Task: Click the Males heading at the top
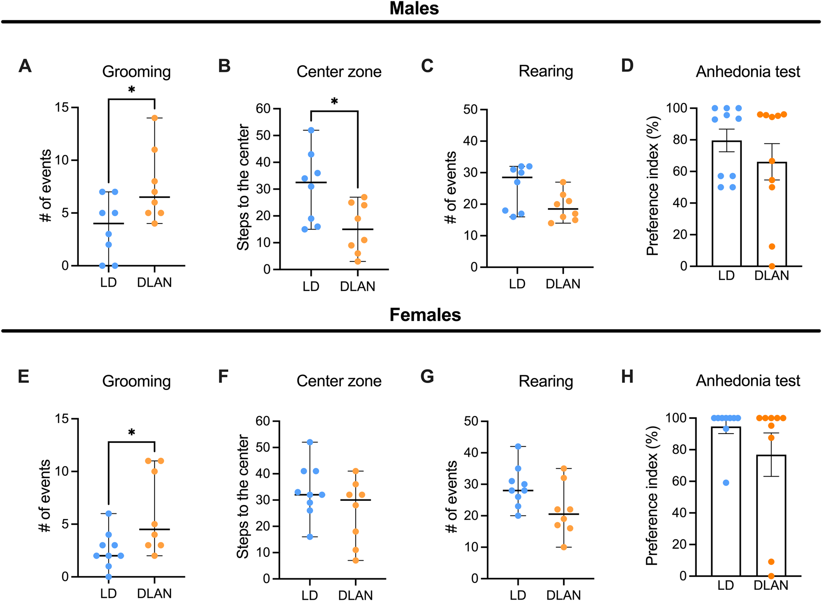click(414, 8)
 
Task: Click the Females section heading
click(425, 315)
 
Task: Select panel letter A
click(25, 66)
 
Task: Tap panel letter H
click(627, 377)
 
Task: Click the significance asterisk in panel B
click(334, 102)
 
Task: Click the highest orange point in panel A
click(154, 118)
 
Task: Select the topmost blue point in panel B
click(311, 130)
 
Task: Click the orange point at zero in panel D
click(772, 266)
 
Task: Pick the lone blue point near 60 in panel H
click(726, 483)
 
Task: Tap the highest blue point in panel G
click(518, 446)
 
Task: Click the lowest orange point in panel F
click(356, 560)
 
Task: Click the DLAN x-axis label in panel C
click(563, 284)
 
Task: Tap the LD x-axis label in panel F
click(309, 595)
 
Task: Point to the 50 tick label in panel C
click(470, 109)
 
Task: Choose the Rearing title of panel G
click(546, 381)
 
